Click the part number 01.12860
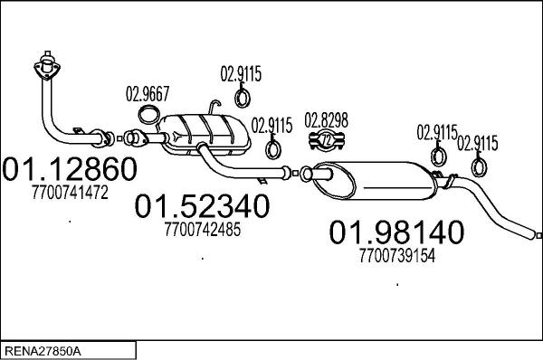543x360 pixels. tap(70, 168)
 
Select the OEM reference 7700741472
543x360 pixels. tap(70, 192)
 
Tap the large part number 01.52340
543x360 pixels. tap(202, 206)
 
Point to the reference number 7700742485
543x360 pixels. tap(203, 229)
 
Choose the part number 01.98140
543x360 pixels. tap(396, 232)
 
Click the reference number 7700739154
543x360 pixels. tap(397, 256)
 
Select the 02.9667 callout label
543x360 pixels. tap(148, 93)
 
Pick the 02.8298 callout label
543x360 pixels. tap(326, 120)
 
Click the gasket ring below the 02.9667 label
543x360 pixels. tap(149, 115)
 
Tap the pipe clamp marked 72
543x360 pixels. tap(327, 140)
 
